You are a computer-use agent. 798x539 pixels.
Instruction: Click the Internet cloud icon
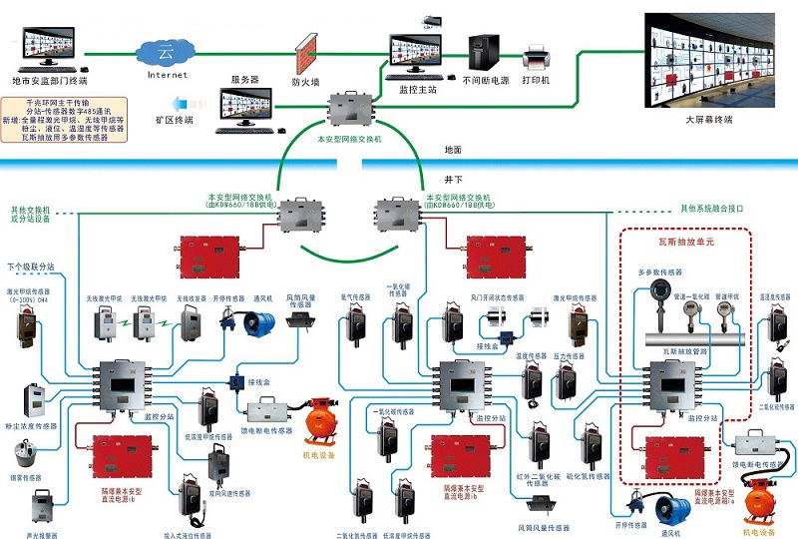click(167, 50)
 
